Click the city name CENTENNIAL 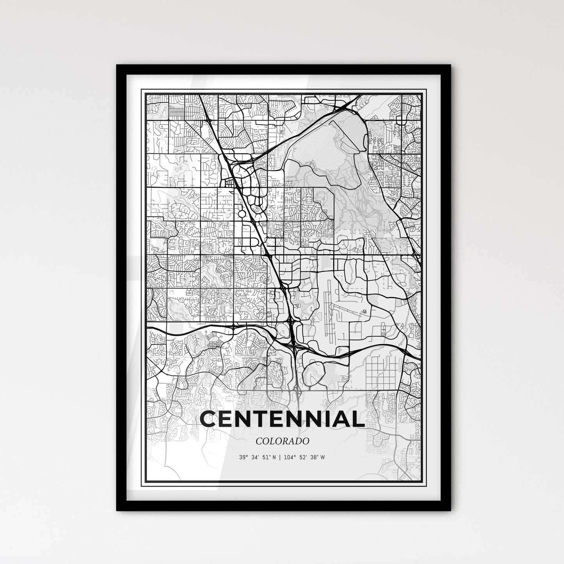pyautogui.click(x=282, y=419)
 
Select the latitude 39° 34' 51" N pyautogui.click(x=256, y=457)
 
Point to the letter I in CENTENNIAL pyautogui.click(x=326, y=419)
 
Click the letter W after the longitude pyautogui.click(x=323, y=457)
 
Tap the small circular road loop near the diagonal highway pyautogui.click(x=242, y=214)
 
